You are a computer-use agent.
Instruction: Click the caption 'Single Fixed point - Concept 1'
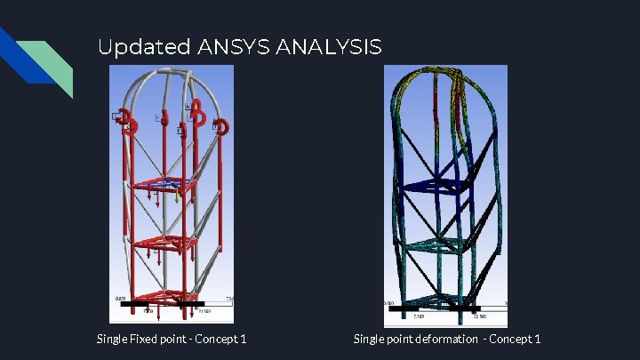pos(172,339)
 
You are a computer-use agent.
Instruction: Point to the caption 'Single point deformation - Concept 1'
pos(446,339)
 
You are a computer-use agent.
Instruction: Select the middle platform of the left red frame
pos(164,242)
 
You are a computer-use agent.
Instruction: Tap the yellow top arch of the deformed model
pos(436,73)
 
